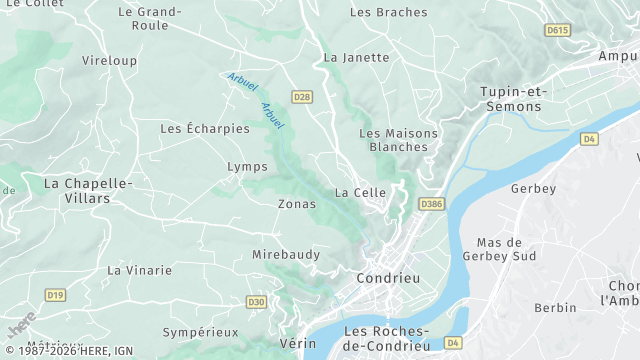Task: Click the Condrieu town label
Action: pos(389,278)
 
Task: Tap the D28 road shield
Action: pos(302,96)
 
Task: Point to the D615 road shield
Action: pos(557,31)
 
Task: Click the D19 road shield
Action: pos(55,295)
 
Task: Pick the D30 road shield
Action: pos(257,302)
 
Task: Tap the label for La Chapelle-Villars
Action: pos(88,190)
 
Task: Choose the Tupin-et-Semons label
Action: pos(511,98)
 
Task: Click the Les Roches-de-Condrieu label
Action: pos(386,338)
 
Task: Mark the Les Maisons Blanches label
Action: pos(393,140)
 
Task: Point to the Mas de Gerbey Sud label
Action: pos(500,249)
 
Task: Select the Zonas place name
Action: pos(296,204)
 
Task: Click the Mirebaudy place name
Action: pos(286,255)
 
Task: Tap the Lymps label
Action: pos(248,166)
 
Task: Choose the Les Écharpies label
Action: pos(205,129)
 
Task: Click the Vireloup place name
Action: pos(109,61)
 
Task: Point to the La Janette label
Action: pos(356,58)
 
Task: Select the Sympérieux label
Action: pos(201,332)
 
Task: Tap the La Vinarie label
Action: pos(139,271)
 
